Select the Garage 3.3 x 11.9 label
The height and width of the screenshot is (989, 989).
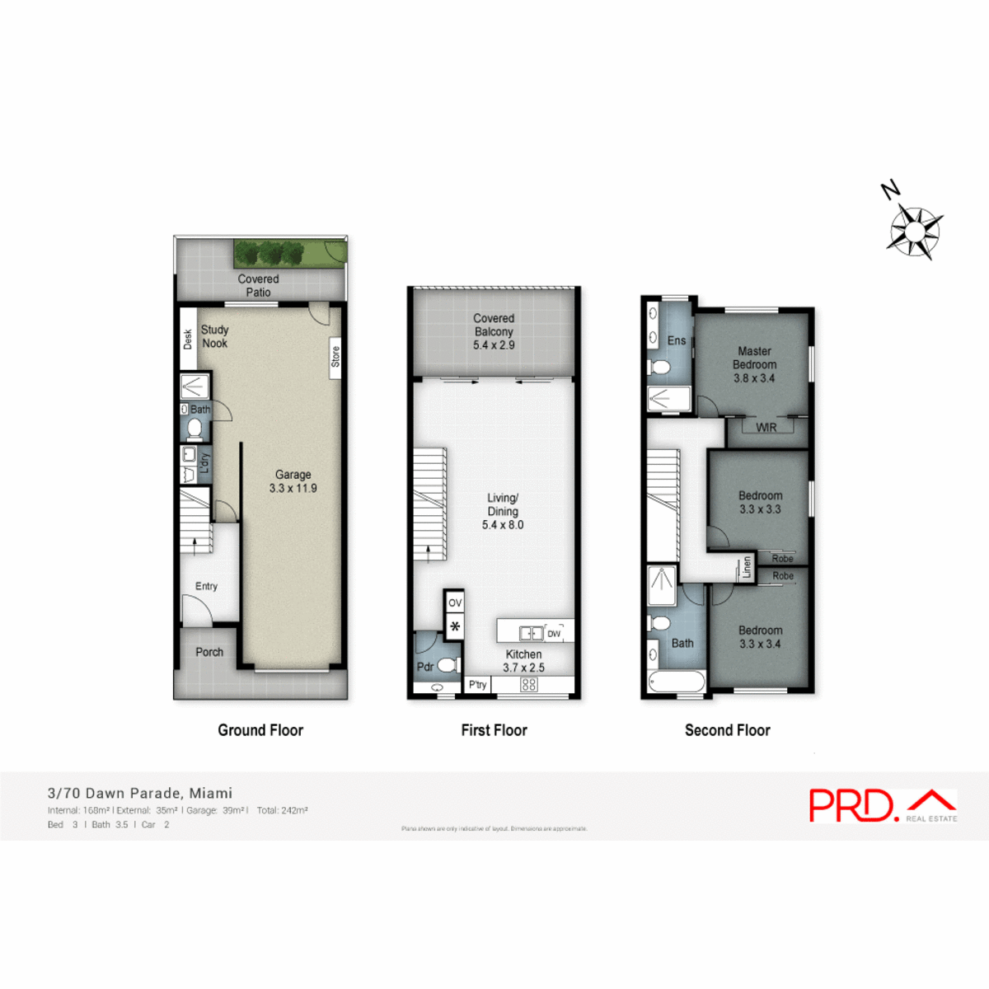coord(293,481)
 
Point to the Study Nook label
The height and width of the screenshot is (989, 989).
coord(215,336)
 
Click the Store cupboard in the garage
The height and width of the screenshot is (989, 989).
coord(335,358)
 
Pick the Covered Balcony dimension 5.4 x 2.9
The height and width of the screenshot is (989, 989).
coord(494,345)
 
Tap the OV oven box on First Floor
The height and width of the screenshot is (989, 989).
coord(455,602)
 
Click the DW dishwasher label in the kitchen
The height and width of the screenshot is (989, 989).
coord(554,634)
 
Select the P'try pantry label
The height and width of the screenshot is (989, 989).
coord(477,685)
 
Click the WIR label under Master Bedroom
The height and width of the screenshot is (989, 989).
coord(766,427)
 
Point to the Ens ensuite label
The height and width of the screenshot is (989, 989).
coord(677,340)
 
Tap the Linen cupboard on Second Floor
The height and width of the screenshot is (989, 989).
coord(747,566)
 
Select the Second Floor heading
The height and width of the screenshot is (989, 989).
coord(727,730)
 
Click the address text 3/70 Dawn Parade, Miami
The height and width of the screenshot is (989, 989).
coord(140,793)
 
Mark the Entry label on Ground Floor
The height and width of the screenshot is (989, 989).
coord(206,586)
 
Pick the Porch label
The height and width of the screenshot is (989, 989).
coord(209,652)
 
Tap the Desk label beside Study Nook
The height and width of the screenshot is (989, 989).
coord(187,339)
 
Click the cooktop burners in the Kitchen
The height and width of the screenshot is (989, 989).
coord(529,685)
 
